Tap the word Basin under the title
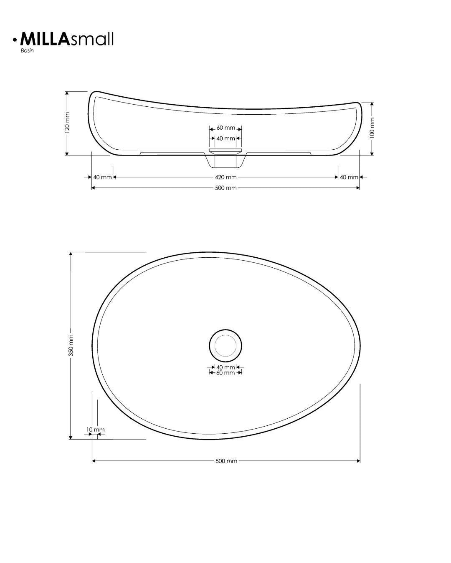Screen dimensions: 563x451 tap(27, 51)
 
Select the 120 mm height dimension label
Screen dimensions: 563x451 tap(67, 123)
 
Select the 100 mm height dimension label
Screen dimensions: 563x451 tap(372, 128)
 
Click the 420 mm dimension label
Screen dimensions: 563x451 tap(226, 177)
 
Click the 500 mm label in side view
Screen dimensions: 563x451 tap(226, 188)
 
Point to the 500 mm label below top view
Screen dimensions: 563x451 tap(226, 461)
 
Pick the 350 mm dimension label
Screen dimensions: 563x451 tap(71, 345)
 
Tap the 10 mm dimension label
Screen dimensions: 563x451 tap(95, 430)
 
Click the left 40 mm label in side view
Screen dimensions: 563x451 tap(102, 177)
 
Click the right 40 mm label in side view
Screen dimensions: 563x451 tap(349, 177)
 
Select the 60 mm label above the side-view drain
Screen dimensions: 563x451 tap(226, 128)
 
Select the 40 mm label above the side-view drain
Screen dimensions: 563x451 tap(225, 138)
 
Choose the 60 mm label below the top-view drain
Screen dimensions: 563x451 tap(225, 372)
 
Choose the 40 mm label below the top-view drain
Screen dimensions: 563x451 tap(225, 367)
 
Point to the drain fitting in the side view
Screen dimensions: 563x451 tap(225, 158)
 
